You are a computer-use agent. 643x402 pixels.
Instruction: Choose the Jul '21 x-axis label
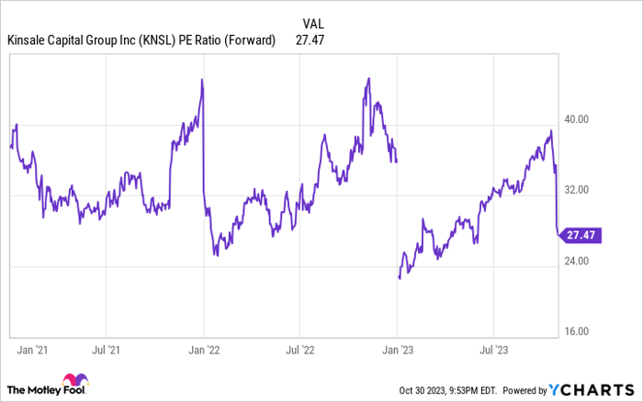(107, 350)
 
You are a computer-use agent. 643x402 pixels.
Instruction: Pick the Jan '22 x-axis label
(204, 350)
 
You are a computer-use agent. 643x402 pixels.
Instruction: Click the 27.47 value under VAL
(312, 39)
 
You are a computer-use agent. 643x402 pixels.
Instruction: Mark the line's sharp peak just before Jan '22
(201, 81)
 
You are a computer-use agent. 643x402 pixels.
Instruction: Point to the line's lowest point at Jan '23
(399, 277)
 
